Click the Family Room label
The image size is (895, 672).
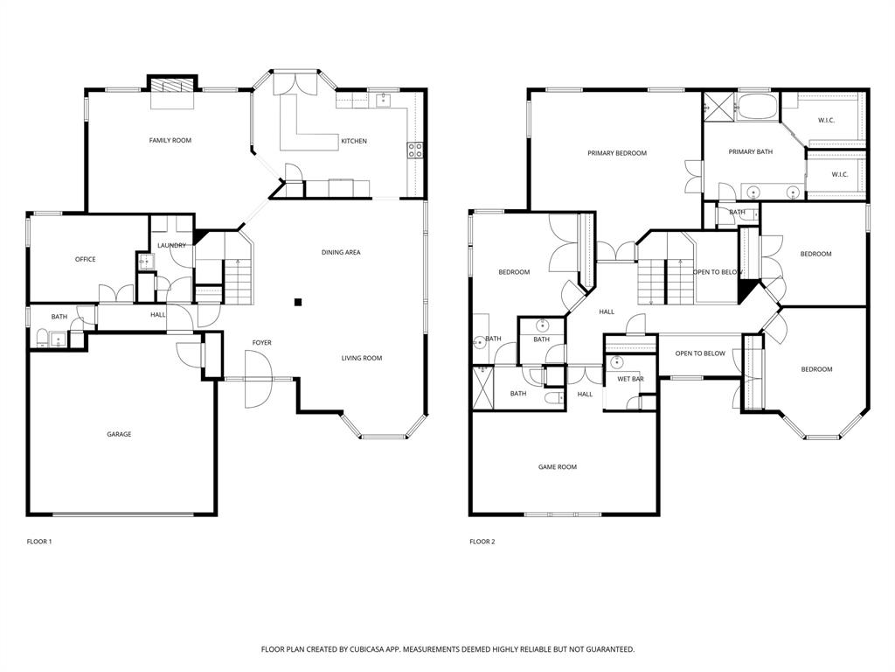pyautogui.click(x=170, y=140)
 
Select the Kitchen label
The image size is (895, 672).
pyautogui.click(x=354, y=141)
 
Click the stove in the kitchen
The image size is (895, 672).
pyautogui.click(x=415, y=150)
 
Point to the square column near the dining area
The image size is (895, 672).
pyautogui.click(x=298, y=302)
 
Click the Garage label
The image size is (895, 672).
pyautogui.click(x=119, y=434)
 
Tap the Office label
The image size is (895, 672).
pyautogui.click(x=85, y=259)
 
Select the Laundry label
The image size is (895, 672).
pyautogui.click(x=171, y=245)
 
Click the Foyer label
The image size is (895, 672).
pyautogui.click(x=262, y=342)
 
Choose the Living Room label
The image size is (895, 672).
pyautogui.click(x=361, y=358)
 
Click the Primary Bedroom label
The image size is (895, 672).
pyautogui.click(x=617, y=153)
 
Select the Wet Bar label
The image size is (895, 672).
pyautogui.click(x=630, y=379)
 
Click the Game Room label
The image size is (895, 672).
pyautogui.click(x=557, y=467)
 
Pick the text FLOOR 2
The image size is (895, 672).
pyautogui.click(x=482, y=542)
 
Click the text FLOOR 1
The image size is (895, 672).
pyautogui.click(x=39, y=542)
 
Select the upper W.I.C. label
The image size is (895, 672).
pyautogui.click(x=826, y=120)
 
